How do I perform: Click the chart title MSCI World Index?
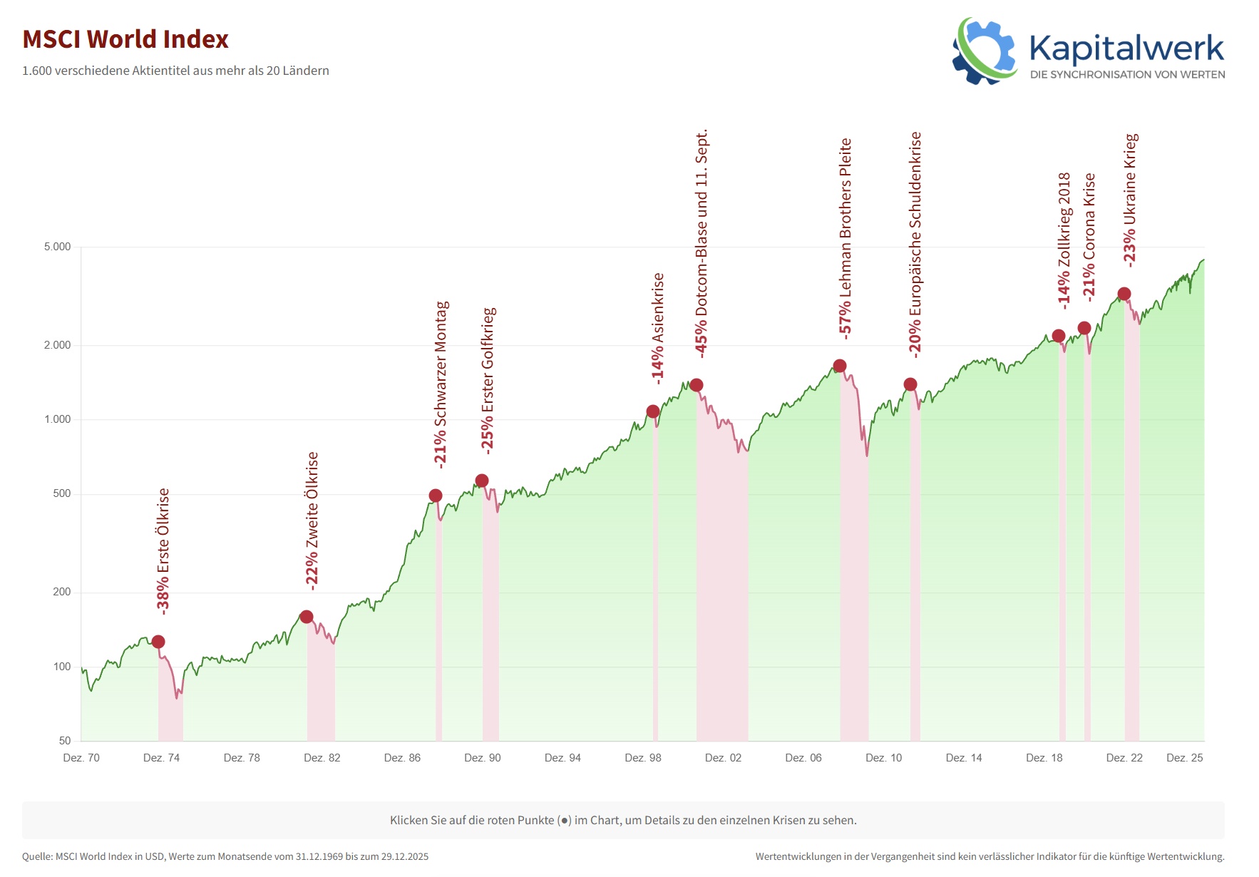pos(125,39)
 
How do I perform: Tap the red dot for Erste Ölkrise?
pos(158,642)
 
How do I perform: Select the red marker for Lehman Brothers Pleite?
pos(840,366)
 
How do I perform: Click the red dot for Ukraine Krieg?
pos(1124,294)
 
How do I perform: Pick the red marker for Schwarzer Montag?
pos(436,496)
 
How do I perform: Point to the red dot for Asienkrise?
pos(653,411)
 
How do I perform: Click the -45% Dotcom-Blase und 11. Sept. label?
pos(702,243)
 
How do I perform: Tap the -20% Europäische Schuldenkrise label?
pos(915,243)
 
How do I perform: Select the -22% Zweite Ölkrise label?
pos(312,520)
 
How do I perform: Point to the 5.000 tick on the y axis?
pos(58,247)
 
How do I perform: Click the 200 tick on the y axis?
pos(62,592)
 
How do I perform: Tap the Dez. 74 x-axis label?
pos(161,758)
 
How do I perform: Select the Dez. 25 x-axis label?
pos(1184,758)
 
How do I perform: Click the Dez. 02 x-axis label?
pos(723,758)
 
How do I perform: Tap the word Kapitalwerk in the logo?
pos(1126,48)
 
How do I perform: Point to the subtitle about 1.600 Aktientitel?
pos(175,71)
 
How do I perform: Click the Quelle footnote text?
pos(225,856)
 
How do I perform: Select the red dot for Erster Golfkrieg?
pos(482,481)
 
